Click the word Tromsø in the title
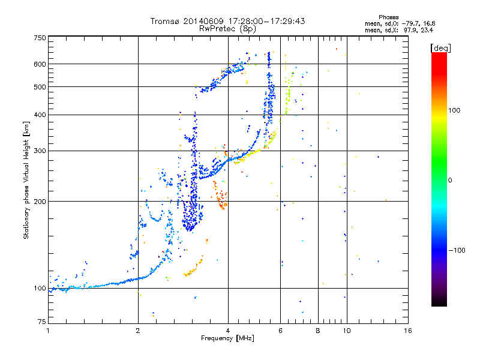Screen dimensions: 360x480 coord(164,21)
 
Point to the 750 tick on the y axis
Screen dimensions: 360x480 coord(40,38)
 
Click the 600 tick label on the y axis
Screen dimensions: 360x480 coord(40,64)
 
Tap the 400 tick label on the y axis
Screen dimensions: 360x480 coord(40,115)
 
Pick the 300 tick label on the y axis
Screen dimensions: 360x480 coord(40,151)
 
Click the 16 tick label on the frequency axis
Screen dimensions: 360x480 coord(407,331)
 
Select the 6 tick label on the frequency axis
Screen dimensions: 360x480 coord(281,331)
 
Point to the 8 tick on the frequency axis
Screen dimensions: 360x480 coord(318,331)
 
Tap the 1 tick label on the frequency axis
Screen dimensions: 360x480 coord(48,331)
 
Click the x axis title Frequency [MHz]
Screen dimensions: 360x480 coord(227,339)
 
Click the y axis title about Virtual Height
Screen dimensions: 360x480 coord(26,180)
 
